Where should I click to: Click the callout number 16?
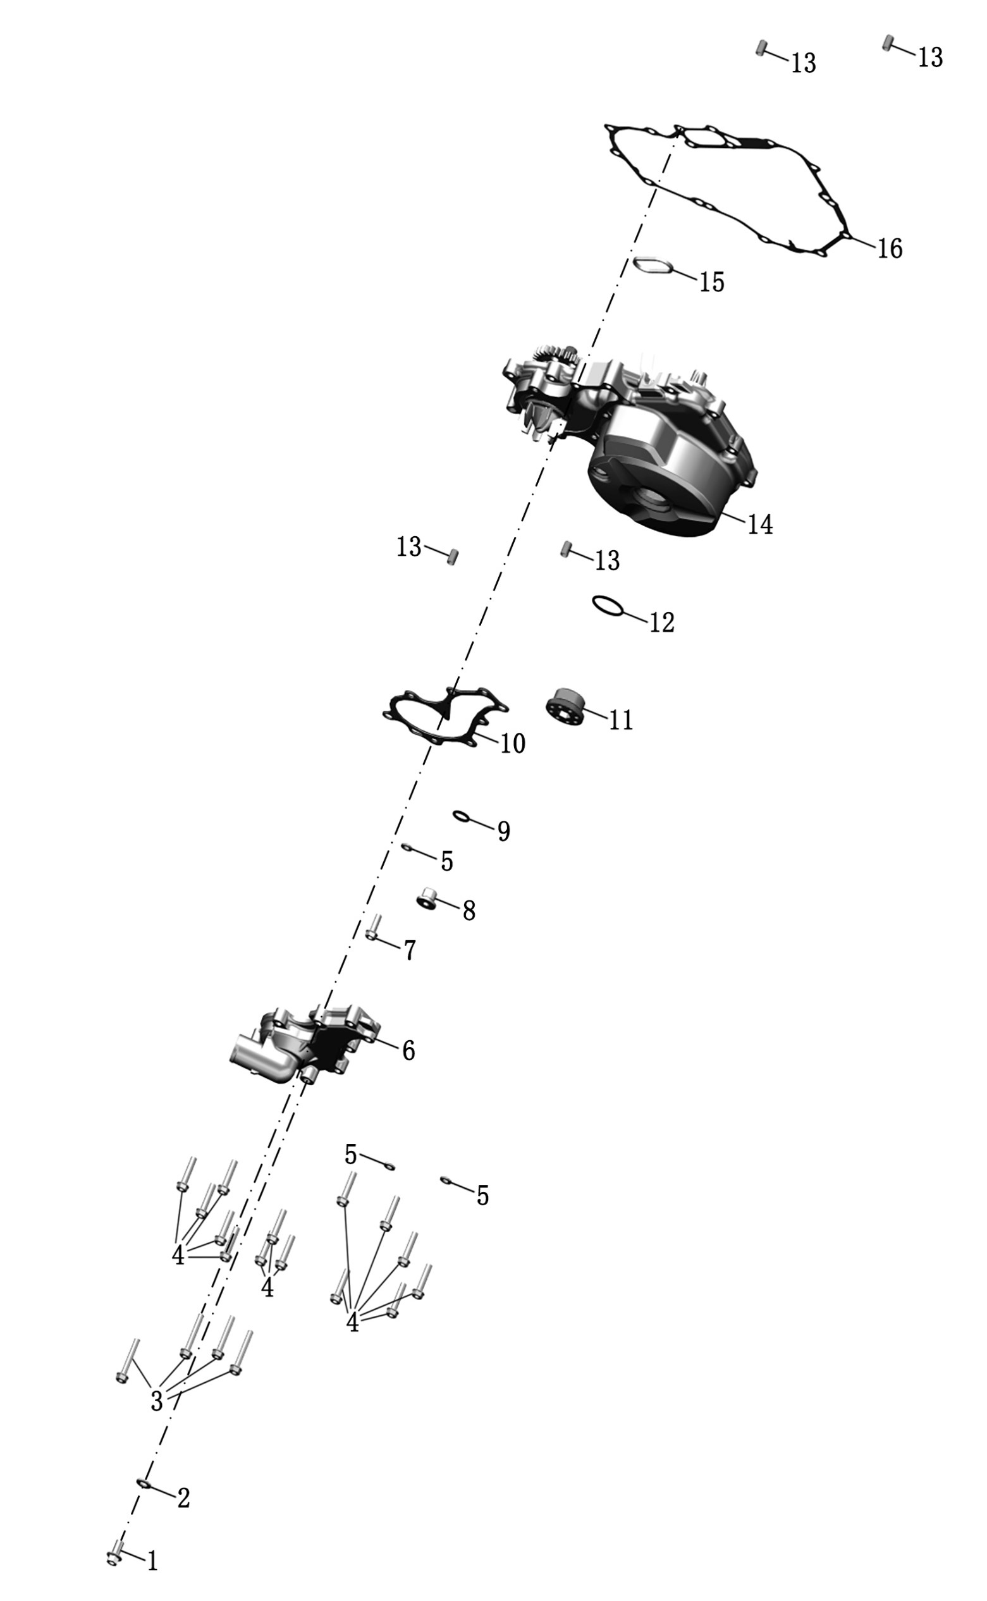(x=890, y=248)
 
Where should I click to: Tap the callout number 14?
(x=760, y=524)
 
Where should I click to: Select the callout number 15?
(x=712, y=282)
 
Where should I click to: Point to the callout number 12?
(x=662, y=622)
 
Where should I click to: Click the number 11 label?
(x=622, y=720)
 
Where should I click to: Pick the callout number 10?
(x=513, y=744)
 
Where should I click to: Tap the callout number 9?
(x=504, y=831)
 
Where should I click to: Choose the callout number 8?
(x=469, y=911)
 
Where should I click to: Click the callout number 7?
(x=410, y=950)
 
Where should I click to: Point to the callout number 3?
(x=157, y=1401)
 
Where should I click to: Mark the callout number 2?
(x=184, y=1498)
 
